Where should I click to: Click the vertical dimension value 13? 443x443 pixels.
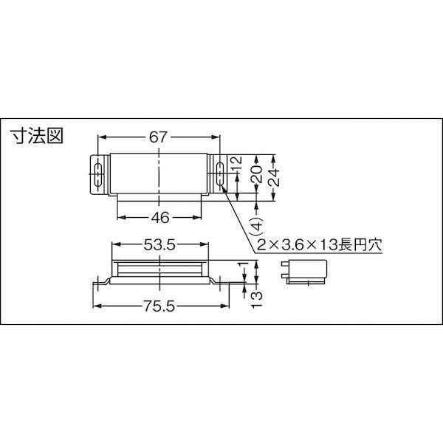pos(256,297)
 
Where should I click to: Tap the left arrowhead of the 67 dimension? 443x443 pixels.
pos(102,137)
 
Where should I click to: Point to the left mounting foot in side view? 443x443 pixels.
pos(101,283)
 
